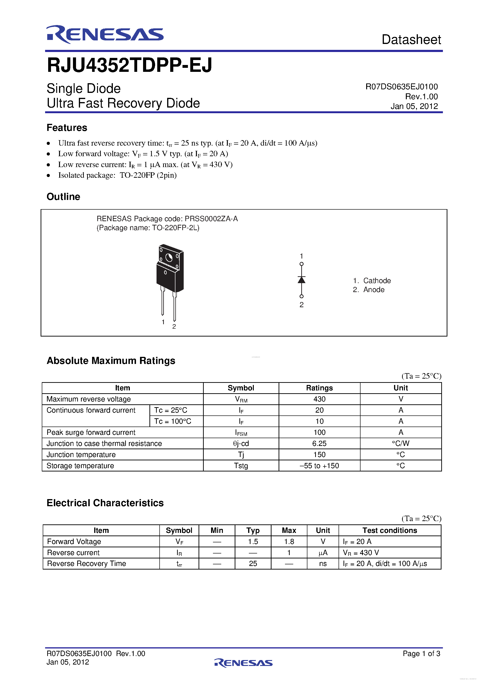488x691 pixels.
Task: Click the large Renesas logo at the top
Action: (105, 34)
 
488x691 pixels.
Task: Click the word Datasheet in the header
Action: (411, 40)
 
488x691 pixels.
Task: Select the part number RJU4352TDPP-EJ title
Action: (129, 65)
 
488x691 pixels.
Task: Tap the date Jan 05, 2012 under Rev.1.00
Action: (414, 106)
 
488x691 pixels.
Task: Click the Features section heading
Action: (67, 128)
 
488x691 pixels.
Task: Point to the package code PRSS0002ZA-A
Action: (211, 219)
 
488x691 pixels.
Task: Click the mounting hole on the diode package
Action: (169, 257)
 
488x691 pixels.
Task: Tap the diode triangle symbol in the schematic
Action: (301, 280)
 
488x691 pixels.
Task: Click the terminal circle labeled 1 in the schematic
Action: (301, 264)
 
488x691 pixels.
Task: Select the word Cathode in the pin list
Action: (377, 281)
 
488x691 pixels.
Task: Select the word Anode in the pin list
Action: (374, 289)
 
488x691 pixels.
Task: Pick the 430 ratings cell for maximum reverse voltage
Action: (319, 399)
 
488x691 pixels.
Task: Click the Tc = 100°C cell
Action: (173, 421)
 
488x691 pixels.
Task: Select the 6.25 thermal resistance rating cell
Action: (319, 444)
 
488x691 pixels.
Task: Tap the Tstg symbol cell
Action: (241, 466)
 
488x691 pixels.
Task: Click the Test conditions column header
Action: (390, 531)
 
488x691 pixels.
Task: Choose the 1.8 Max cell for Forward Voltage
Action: (289, 542)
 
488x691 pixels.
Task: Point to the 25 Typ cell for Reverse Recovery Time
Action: (253, 564)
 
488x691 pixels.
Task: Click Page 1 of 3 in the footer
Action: (421, 654)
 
